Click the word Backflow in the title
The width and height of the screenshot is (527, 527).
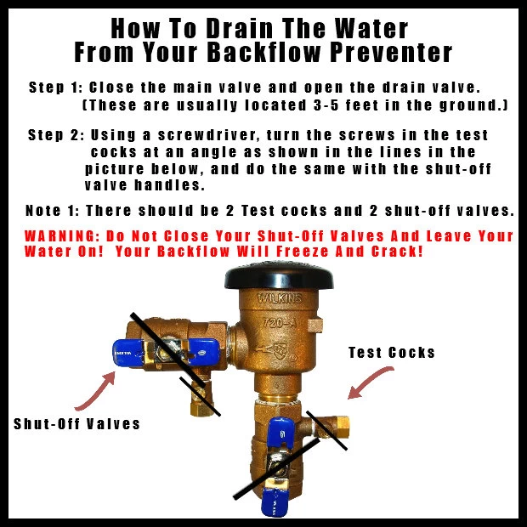(x=263, y=52)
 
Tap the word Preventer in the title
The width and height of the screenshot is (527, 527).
(x=391, y=52)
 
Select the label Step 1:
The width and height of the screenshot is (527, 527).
(x=55, y=88)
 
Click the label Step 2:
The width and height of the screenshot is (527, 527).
(x=56, y=135)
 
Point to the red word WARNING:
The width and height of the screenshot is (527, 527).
(x=62, y=236)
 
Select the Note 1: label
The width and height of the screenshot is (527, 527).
(x=53, y=211)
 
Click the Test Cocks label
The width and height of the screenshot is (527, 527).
(x=392, y=353)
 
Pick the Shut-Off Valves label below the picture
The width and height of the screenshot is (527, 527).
(x=76, y=424)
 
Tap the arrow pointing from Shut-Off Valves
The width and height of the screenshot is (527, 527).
(x=97, y=392)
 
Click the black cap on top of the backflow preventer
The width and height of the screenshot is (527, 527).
(x=279, y=276)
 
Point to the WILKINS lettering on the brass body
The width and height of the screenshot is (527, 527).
(x=280, y=298)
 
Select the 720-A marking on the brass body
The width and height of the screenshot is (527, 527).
(x=280, y=323)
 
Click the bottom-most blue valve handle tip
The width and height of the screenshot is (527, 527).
(x=275, y=502)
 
